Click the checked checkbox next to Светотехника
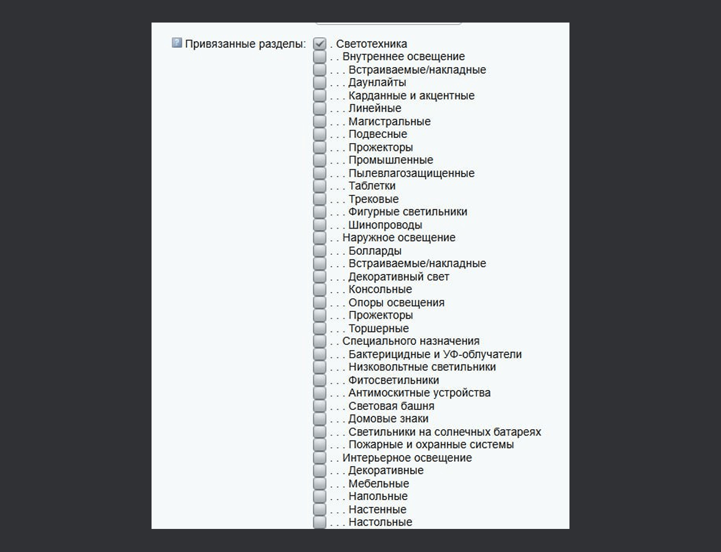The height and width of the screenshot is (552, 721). coord(319,44)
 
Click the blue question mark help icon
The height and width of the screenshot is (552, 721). coord(177,43)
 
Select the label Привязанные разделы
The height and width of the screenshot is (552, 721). coord(245,44)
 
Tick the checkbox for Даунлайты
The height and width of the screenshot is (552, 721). coord(319,82)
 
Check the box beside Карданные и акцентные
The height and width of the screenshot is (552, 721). coord(319,95)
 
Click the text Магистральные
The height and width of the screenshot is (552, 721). coord(389,121)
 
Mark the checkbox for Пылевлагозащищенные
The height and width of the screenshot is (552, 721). coord(319,173)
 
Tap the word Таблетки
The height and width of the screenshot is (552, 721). coord(372,186)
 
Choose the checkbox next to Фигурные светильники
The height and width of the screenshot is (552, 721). coord(319,212)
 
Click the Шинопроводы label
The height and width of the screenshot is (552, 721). coord(385,225)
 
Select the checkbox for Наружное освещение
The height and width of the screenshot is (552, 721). coord(319,237)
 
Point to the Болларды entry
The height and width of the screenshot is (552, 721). coord(375,251)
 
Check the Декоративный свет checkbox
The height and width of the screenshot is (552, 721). coord(319,276)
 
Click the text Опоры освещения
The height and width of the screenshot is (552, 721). coord(396,302)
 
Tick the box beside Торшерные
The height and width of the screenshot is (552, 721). coord(319,328)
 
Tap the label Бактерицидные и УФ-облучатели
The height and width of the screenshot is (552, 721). coord(435,354)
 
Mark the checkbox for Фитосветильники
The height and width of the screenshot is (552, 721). coord(319,380)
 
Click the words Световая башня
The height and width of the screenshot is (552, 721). coord(391,406)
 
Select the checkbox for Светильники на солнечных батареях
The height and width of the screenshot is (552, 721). coord(319,431)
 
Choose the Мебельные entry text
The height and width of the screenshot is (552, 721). coord(379,483)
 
